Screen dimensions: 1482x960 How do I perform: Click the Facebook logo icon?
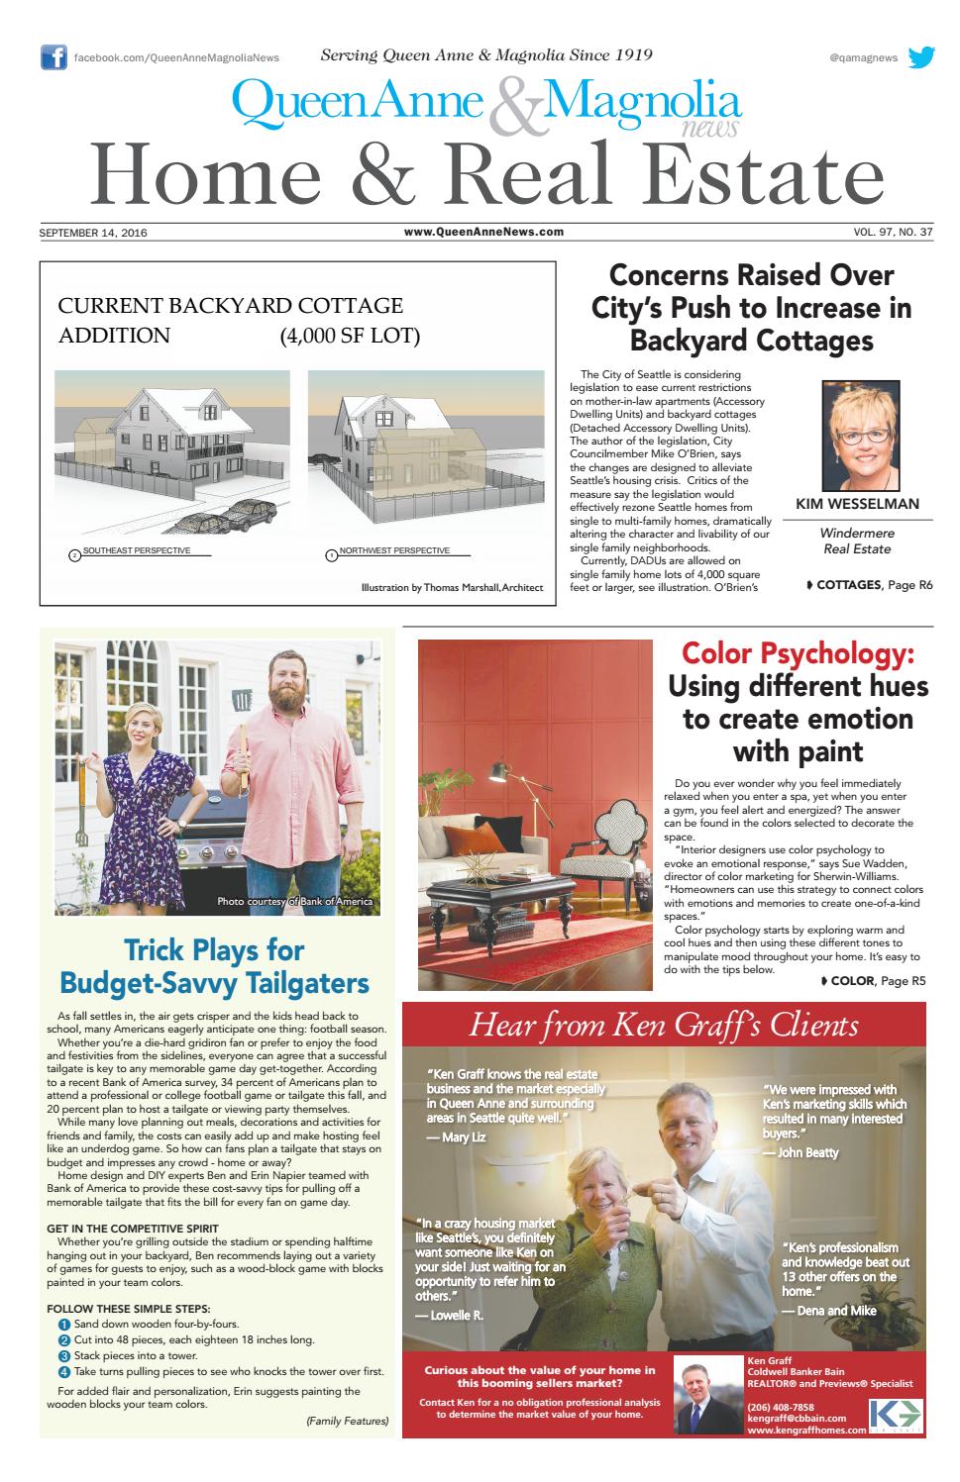[53, 57]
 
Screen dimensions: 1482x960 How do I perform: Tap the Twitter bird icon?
[920, 57]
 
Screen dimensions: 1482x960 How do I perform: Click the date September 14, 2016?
[99, 233]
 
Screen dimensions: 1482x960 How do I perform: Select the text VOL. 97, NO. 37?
[892, 233]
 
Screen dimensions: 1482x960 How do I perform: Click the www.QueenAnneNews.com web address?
[483, 233]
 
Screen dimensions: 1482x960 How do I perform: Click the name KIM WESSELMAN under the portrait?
[857, 504]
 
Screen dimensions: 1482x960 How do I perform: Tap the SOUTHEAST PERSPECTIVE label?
[136, 550]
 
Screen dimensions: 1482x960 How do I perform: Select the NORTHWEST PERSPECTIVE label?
[394, 550]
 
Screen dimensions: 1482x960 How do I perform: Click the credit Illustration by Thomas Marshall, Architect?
[452, 588]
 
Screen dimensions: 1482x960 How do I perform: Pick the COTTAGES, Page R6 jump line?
[869, 585]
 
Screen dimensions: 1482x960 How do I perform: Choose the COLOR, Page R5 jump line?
[858, 981]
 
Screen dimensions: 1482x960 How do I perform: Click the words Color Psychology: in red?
[798, 654]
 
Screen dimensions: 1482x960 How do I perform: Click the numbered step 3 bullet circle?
[64, 1355]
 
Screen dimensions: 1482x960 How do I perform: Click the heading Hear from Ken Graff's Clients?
[664, 1025]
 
